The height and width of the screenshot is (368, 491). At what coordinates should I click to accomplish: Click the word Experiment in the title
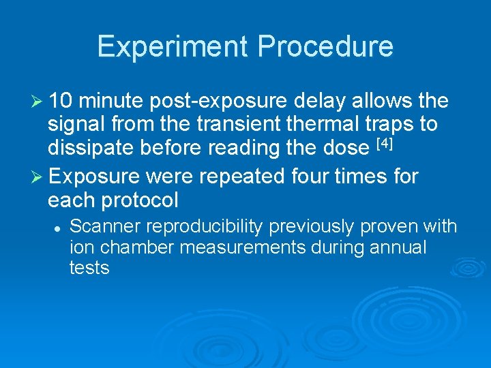(173, 47)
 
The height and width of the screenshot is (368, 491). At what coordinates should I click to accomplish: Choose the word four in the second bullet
(313, 177)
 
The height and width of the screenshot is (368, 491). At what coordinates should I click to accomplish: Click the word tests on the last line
(89, 268)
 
